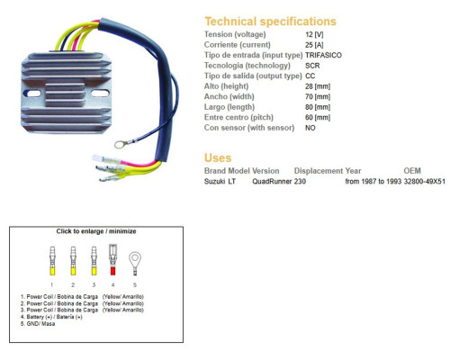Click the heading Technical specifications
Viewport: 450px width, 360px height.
tap(270, 22)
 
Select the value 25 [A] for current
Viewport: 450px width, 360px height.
tap(314, 45)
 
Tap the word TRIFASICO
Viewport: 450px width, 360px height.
tap(323, 55)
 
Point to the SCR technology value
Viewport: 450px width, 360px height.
tap(312, 66)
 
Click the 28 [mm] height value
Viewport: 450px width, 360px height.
tap(318, 86)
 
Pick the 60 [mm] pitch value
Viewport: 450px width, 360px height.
tap(318, 117)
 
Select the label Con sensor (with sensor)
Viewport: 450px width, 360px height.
tap(249, 128)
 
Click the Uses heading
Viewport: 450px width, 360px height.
tap(218, 157)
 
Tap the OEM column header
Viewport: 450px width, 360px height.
tap(412, 171)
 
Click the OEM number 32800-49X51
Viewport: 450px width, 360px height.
tap(425, 181)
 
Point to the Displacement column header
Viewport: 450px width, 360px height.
tap(319, 171)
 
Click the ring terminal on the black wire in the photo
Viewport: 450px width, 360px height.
tap(120, 145)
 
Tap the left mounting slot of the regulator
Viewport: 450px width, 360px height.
tap(33, 94)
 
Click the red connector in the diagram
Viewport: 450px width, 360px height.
tap(112, 259)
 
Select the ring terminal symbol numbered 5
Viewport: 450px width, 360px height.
tap(135, 263)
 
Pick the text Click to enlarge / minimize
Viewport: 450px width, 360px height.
tap(96, 231)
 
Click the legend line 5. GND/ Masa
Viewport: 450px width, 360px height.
tap(38, 324)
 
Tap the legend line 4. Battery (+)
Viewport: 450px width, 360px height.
tap(51, 317)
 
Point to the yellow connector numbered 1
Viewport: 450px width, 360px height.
tap(52, 261)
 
